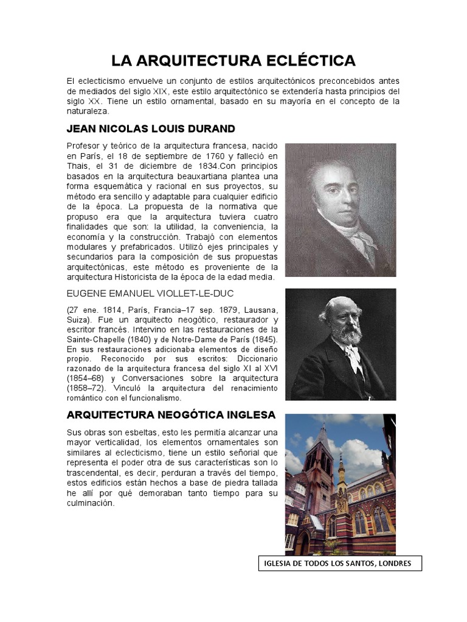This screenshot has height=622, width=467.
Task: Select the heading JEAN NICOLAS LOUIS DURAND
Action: tap(150, 129)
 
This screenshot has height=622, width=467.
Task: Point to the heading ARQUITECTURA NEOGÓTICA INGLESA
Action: tap(171, 415)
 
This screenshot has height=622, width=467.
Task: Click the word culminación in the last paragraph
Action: tap(90, 504)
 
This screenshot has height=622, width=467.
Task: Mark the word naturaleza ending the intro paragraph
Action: tap(88, 112)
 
